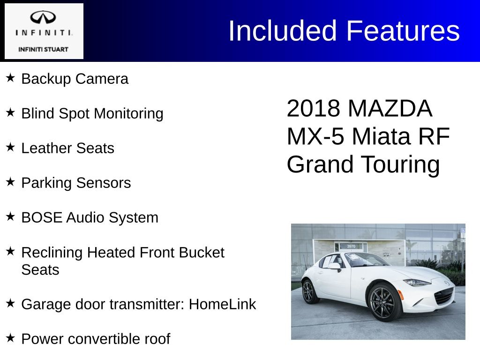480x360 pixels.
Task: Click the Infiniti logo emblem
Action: [43, 17]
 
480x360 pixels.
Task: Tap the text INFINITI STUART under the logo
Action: [43, 49]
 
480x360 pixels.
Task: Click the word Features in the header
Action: [403, 30]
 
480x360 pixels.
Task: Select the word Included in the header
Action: [283, 30]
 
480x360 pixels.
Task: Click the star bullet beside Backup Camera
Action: [10, 78]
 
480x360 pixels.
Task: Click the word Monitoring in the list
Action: [128, 114]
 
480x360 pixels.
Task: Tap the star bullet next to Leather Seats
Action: [10, 147]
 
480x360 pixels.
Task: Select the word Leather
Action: [46, 148]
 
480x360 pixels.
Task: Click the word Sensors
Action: [104, 183]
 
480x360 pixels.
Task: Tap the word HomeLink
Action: [222, 304]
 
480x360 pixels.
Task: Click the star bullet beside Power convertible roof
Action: [10, 338]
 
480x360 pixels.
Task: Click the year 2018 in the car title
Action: [313, 108]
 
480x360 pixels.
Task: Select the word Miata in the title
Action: [381, 136]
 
